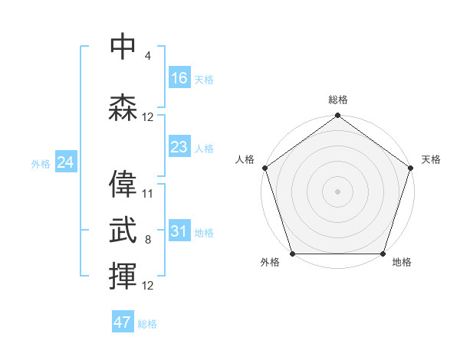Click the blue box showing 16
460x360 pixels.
click(x=179, y=77)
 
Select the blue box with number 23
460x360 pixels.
click(x=179, y=146)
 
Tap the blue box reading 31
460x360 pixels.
click(x=179, y=231)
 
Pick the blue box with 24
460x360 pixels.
click(x=65, y=162)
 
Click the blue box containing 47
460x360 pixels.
click(x=123, y=322)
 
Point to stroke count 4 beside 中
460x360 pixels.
click(x=147, y=56)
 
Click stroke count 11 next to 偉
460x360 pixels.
click(x=148, y=194)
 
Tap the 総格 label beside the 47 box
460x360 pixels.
click(x=147, y=324)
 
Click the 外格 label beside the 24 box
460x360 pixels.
click(x=41, y=164)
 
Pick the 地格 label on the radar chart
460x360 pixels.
click(x=402, y=263)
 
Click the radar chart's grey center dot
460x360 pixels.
click(x=337, y=191)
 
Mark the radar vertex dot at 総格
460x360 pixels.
click(x=337, y=116)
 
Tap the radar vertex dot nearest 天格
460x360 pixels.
click(x=409, y=168)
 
